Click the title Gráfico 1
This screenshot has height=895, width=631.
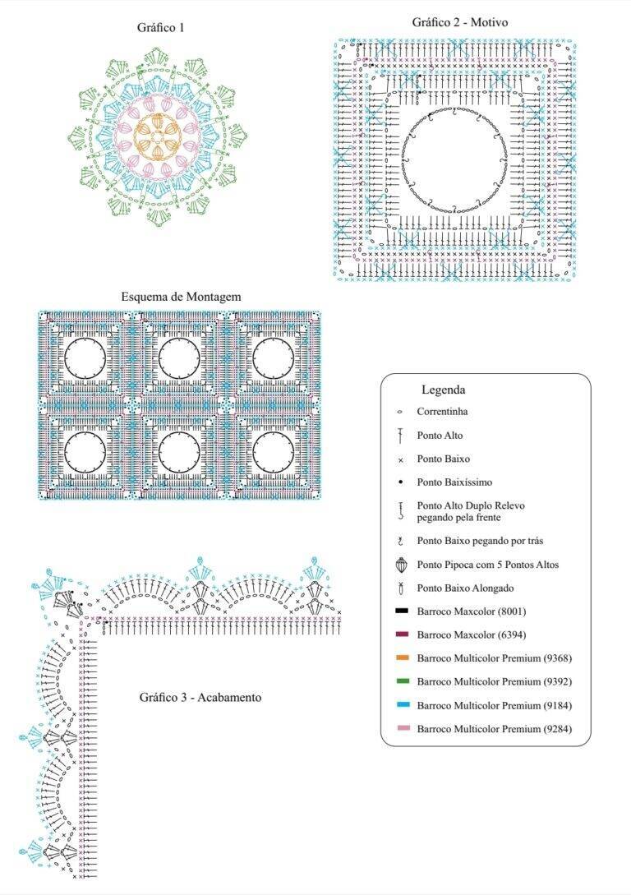coord(160,27)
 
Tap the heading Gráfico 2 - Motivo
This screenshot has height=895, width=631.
coord(460,22)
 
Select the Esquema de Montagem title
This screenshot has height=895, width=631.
coord(181,297)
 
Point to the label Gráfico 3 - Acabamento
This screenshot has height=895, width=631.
coord(200,697)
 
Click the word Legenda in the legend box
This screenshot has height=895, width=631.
coord(444,390)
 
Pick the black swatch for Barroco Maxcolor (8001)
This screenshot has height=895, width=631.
coord(402,611)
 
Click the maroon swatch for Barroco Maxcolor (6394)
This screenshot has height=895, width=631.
coord(402,634)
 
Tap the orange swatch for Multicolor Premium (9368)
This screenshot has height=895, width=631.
coord(402,658)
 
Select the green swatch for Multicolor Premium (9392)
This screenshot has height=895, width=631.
coord(402,681)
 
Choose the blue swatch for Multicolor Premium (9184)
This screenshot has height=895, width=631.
coord(402,705)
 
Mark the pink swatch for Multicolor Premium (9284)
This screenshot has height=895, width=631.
coord(402,729)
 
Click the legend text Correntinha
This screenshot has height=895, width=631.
coord(442,412)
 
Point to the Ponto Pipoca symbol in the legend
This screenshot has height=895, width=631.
coord(401,565)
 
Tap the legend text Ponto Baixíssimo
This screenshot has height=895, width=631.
coord(454,482)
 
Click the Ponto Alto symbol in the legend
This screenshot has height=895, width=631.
coord(401,436)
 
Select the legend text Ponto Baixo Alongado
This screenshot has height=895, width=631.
coord(465,588)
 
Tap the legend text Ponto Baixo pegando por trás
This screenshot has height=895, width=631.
coord(480,541)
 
